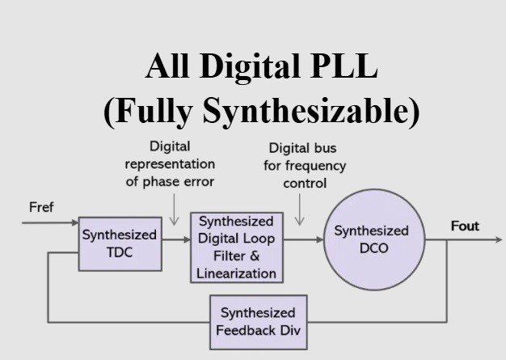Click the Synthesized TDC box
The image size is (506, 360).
pyautogui.click(x=119, y=244)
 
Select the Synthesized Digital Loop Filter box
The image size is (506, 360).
pyautogui.click(x=236, y=247)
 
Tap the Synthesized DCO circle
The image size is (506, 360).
pyautogui.click(x=372, y=239)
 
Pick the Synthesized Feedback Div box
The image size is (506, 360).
pyautogui.click(x=258, y=322)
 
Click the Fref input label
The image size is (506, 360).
pyautogui.click(x=41, y=208)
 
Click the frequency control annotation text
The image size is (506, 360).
pyautogui.click(x=307, y=165)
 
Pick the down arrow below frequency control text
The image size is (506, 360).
pyautogui.click(x=299, y=212)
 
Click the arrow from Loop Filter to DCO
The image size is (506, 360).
pyautogui.click(x=301, y=239)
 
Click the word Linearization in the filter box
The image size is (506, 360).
pyautogui.click(x=236, y=273)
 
